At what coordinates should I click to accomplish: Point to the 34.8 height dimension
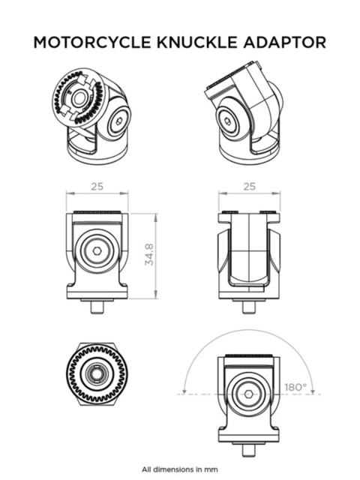(151, 255)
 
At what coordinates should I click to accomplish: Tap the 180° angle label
(295, 387)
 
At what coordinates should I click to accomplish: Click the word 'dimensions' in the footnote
(178, 469)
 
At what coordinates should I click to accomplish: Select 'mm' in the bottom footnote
(213, 469)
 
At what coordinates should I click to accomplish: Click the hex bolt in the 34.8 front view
(97, 254)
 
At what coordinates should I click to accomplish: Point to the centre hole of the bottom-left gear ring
(97, 373)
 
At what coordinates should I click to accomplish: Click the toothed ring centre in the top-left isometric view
(78, 98)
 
